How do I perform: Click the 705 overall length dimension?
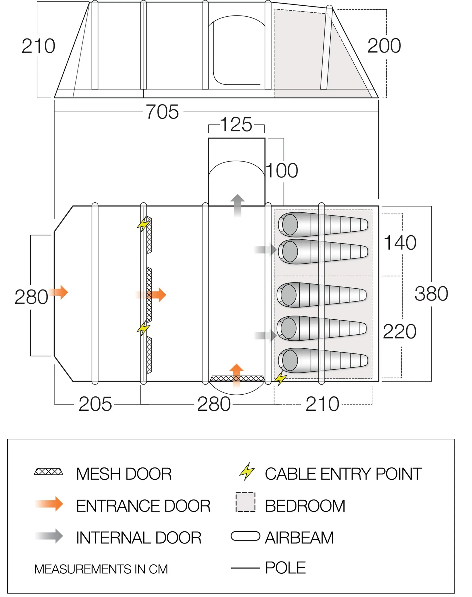(162, 112)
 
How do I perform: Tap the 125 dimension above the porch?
(236, 125)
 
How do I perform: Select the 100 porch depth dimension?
(282, 171)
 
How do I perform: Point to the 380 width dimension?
(431, 294)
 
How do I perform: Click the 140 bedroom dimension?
(400, 243)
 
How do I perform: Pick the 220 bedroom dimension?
(399, 331)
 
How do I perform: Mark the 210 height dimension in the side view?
(38, 46)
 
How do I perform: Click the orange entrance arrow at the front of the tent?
(59, 292)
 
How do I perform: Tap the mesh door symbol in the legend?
(49, 472)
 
